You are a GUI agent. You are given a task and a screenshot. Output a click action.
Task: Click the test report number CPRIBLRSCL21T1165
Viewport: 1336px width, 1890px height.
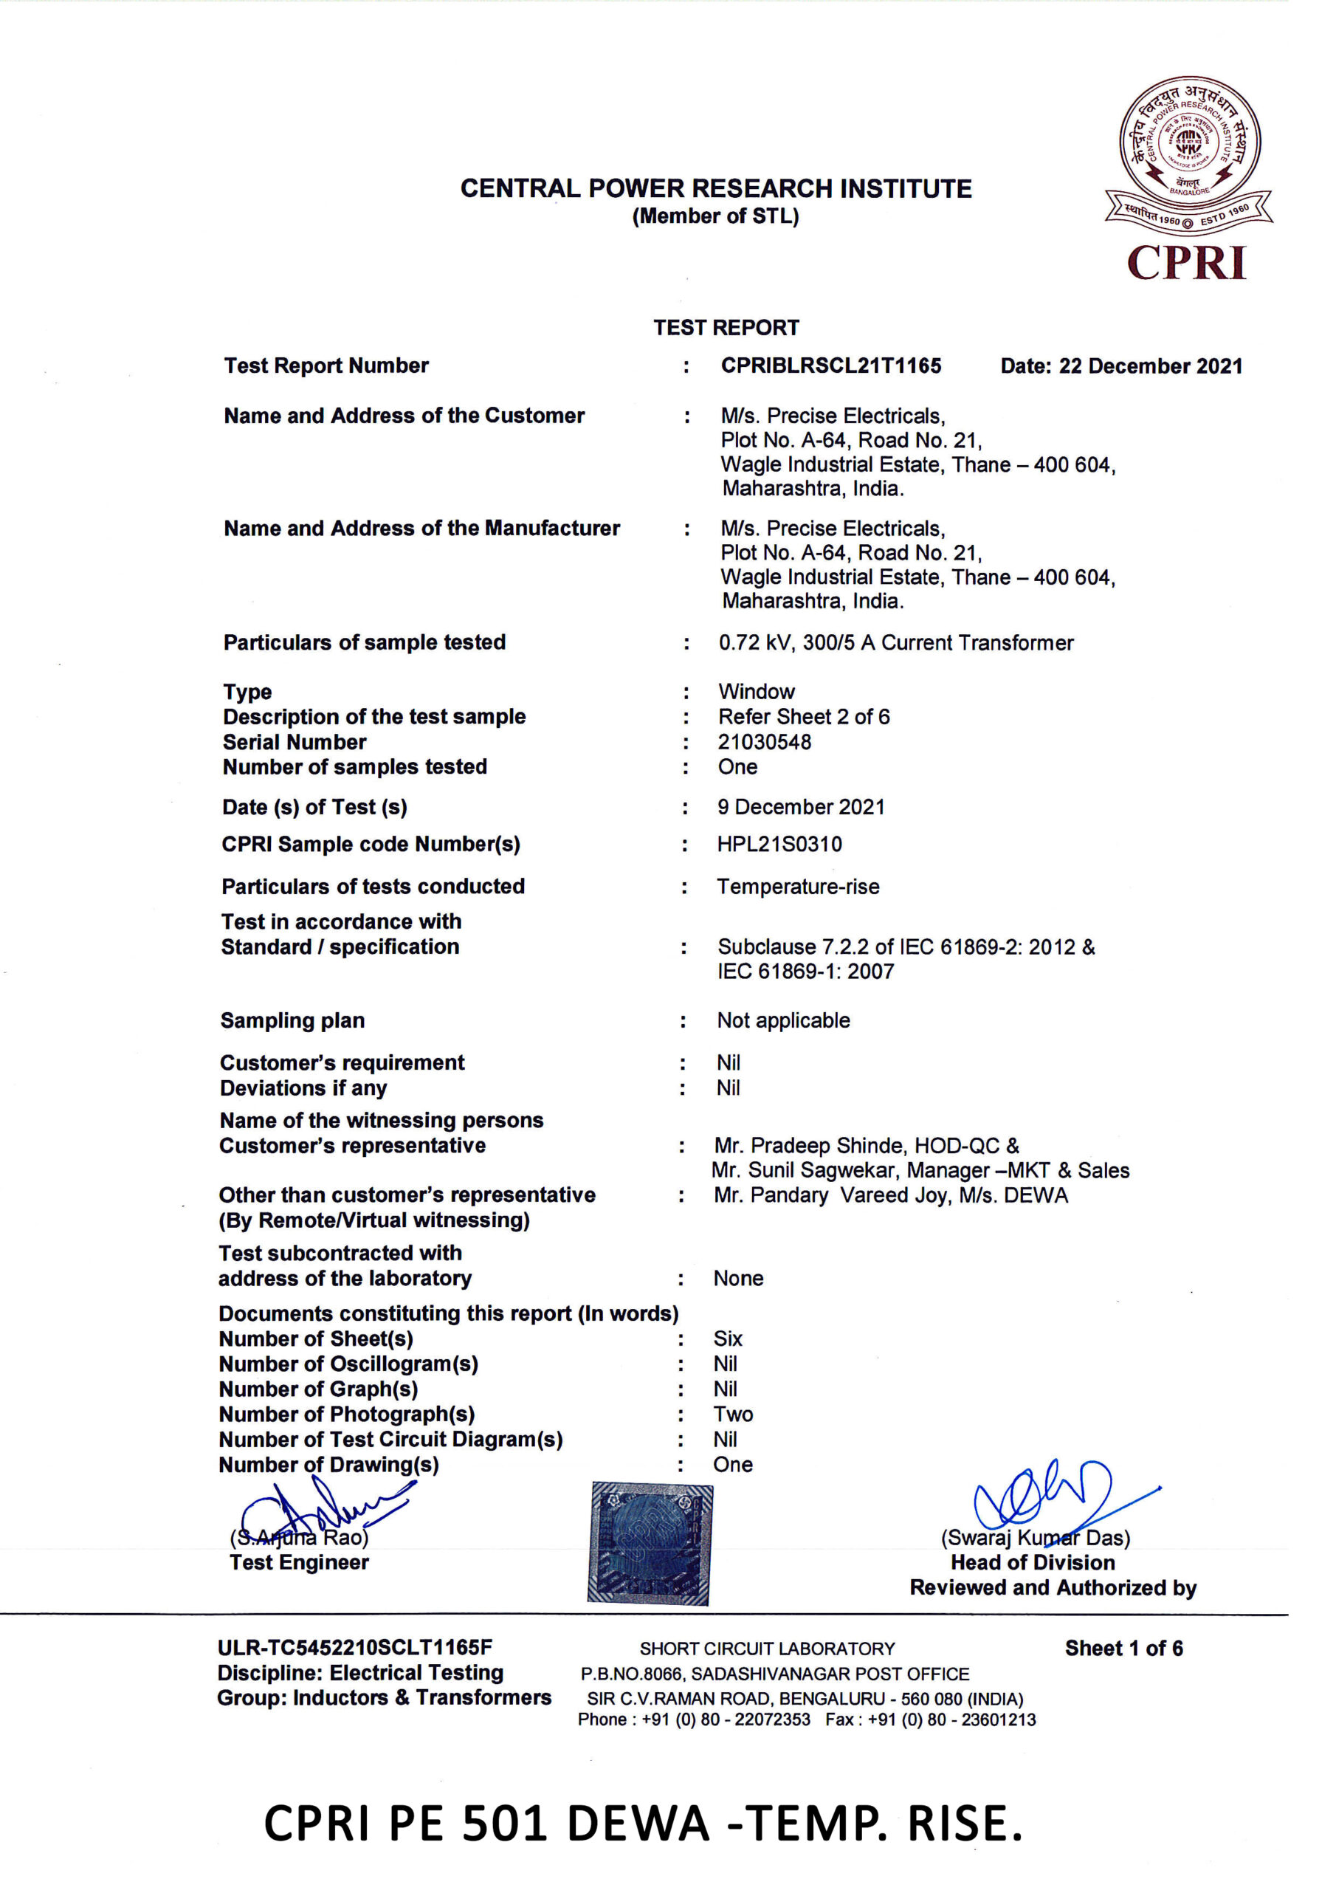[x=830, y=365]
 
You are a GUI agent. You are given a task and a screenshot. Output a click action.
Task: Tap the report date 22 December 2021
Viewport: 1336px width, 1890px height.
[x=1121, y=366]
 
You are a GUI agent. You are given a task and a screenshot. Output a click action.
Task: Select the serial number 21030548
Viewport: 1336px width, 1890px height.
[x=764, y=742]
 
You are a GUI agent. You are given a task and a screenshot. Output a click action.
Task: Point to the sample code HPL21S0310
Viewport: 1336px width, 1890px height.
[x=779, y=844]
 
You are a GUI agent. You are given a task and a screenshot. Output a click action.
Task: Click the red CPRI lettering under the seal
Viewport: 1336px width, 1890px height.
[x=1186, y=264]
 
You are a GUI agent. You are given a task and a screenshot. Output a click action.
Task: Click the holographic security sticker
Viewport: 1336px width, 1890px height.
[x=650, y=1544]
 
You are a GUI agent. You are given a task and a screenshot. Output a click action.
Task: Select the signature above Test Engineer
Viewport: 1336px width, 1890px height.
[x=326, y=1512]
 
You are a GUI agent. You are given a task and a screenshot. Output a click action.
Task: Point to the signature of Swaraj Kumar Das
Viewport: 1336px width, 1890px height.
[x=1045, y=1494]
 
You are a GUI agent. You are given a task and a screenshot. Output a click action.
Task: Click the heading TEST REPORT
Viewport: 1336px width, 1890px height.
[x=726, y=328]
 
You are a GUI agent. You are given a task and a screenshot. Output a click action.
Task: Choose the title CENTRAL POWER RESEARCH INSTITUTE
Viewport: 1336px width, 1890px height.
[x=715, y=188]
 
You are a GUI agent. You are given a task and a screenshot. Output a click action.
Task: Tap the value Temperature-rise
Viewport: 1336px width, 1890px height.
[x=798, y=887]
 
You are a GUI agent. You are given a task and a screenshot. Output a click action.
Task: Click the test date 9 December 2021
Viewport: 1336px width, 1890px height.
[x=800, y=807]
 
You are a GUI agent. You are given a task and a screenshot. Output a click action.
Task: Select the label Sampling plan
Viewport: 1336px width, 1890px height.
[x=292, y=1021]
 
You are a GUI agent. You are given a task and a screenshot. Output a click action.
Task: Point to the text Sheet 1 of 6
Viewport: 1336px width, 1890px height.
[x=1123, y=1648]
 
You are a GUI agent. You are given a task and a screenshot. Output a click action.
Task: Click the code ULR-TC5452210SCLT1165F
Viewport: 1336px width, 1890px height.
[x=355, y=1647]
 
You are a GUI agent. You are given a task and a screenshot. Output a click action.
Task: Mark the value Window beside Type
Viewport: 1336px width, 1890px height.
[x=756, y=692]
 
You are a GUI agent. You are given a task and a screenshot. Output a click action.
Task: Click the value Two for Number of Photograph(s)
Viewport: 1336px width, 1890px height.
[x=733, y=1415]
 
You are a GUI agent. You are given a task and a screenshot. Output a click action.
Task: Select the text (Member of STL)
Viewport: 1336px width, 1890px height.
[x=715, y=216]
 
